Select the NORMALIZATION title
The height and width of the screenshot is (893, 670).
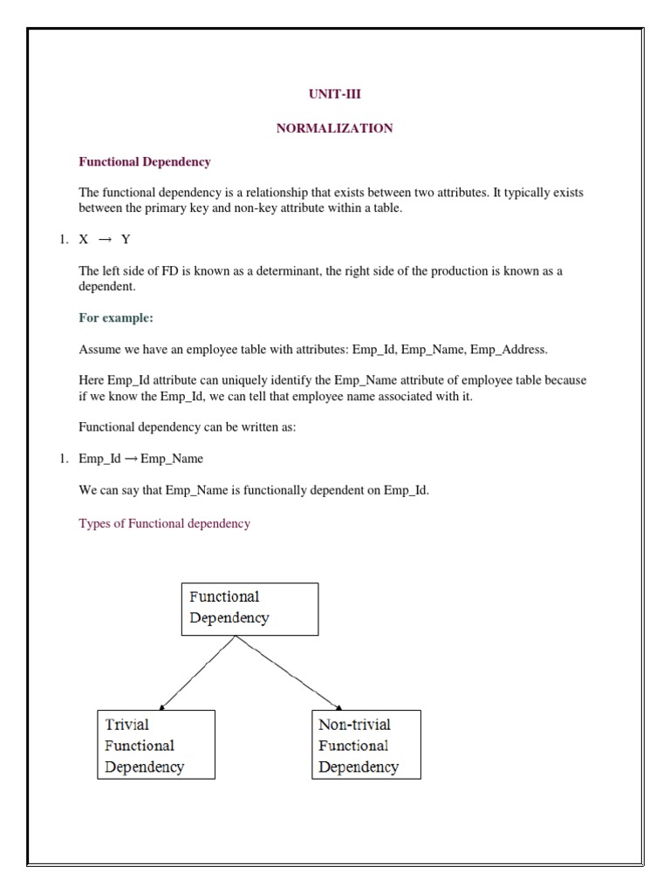[x=334, y=128]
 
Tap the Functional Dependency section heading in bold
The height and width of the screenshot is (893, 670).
[x=145, y=161]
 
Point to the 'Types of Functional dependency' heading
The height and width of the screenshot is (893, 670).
[x=164, y=523]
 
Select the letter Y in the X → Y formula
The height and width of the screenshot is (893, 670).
[x=126, y=240]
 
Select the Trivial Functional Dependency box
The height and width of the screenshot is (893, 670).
[x=155, y=744]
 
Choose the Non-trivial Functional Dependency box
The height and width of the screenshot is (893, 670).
[x=366, y=744]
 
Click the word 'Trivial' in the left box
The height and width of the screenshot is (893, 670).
[x=127, y=725]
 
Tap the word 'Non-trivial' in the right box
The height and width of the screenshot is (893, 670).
[x=354, y=725]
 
